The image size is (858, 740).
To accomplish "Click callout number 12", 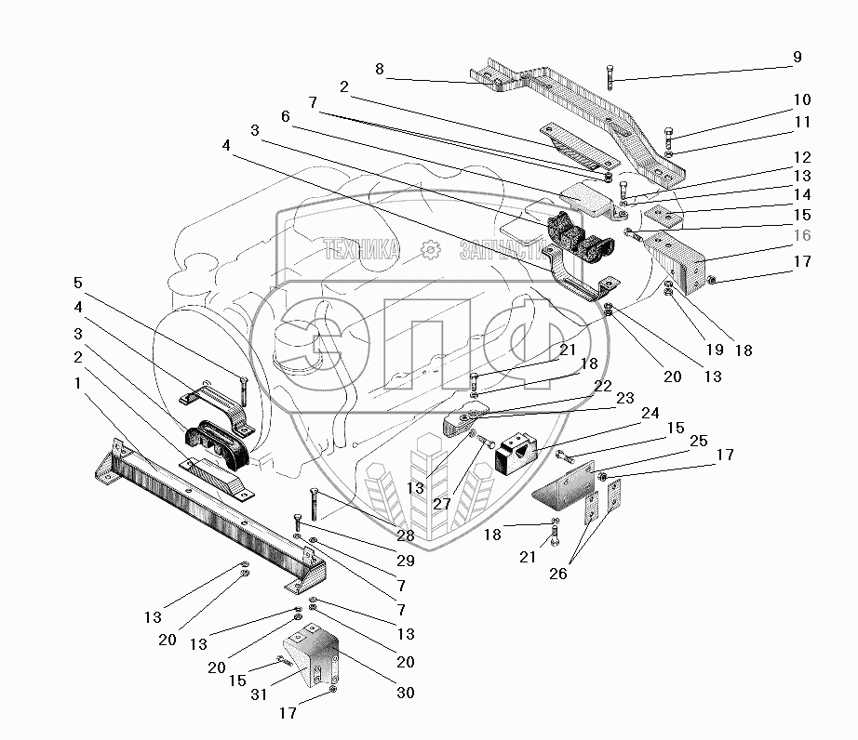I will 802,158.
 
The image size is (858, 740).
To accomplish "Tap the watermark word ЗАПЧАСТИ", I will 501,250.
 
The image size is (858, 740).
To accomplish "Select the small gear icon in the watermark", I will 430,249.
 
